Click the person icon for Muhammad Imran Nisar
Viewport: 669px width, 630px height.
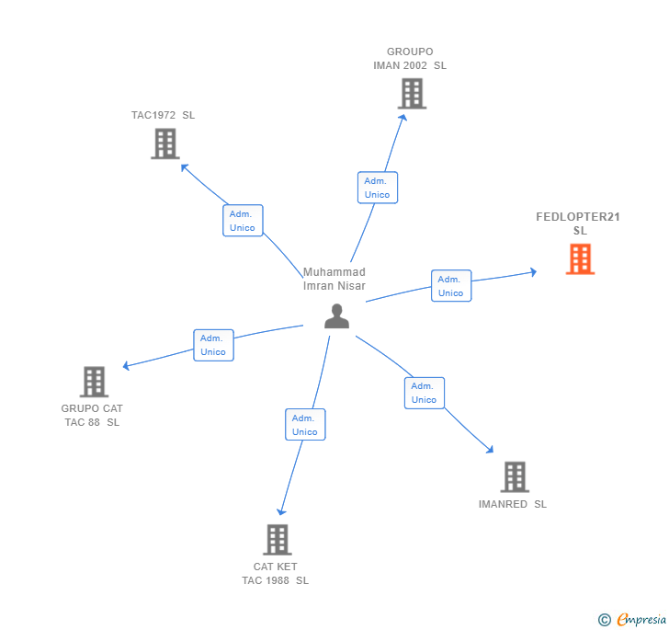point(337,315)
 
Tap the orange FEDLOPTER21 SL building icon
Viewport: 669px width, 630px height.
point(580,259)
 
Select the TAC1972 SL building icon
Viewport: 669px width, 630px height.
point(164,143)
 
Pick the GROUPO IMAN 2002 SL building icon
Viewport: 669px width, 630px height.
point(412,93)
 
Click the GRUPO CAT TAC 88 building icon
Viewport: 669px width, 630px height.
point(94,382)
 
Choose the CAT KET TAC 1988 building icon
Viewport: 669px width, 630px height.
point(277,539)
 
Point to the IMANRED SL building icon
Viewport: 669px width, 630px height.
point(514,477)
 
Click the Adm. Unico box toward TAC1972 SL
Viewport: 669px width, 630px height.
point(243,221)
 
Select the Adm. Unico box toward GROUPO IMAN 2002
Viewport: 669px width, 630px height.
point(377,188)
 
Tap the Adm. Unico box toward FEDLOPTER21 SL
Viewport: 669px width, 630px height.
point(450,286)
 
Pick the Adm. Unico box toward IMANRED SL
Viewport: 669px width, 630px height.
point(424,393)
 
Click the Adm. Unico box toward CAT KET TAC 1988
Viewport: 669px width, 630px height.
point(305,425)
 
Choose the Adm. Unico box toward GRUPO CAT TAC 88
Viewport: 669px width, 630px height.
point(213,345)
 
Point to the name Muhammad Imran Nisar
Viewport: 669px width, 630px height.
point(334,279)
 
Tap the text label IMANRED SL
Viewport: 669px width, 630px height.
point(512,504)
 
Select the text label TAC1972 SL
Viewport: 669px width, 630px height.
point(163,115)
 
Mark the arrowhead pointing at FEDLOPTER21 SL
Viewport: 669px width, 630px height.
point(532,272)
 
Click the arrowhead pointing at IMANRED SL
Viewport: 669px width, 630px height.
point(490,449)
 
